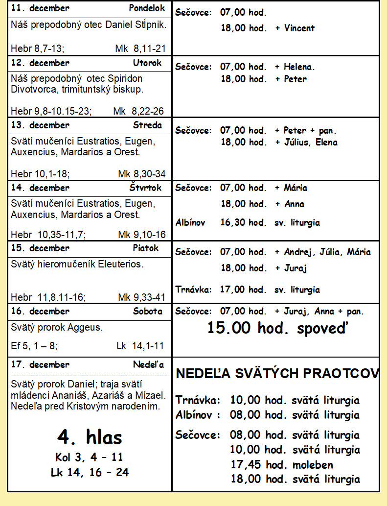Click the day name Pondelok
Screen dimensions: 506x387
pos(147,8)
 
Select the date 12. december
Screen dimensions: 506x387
pos(40,63)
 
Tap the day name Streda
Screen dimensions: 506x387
pos(147,125)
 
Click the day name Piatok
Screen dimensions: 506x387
pos(146,248)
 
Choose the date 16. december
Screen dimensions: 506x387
pos(40,311)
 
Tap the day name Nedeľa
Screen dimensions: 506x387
pos(148,364)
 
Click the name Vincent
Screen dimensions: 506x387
pos(299,28)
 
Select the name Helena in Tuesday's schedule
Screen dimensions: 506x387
pos(299,67)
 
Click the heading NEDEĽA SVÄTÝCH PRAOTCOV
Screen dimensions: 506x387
pos(277,374)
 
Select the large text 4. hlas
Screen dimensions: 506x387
pos(90,436)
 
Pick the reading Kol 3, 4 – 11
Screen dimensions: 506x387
pos(89,458)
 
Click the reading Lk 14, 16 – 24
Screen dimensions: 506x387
pos(90,473)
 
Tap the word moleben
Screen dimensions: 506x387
pos(313,464)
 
